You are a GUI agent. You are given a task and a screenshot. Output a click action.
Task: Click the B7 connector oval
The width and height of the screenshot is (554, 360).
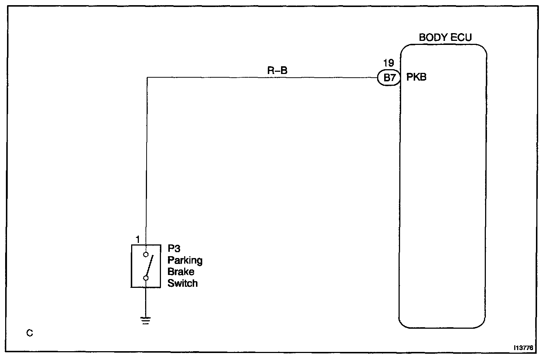coord(389,78)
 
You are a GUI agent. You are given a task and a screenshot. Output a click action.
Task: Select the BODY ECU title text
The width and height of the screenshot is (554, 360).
coord(445,38)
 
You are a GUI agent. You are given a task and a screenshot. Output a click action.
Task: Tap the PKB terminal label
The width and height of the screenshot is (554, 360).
coord(417,77)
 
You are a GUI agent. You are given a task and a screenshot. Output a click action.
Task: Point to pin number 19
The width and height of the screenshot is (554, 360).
coord(388,63)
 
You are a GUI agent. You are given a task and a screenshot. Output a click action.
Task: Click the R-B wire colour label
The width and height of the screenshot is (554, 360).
coord(277,70)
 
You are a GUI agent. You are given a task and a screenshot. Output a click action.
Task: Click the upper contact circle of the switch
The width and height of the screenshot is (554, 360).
coord(146,254)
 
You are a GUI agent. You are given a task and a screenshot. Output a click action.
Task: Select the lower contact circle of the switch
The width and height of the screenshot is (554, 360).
coord(146,278)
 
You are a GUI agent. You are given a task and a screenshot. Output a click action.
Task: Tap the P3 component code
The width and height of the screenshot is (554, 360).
coord(174,249)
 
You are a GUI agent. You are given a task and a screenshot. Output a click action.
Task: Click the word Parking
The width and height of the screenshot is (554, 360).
coord(185,260)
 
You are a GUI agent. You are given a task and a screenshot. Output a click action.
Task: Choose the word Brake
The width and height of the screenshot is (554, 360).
coord(181,272)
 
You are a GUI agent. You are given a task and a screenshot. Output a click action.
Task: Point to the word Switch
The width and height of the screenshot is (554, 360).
coord(182,283)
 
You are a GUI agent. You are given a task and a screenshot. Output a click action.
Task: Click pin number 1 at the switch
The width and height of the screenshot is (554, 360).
coord(138,240)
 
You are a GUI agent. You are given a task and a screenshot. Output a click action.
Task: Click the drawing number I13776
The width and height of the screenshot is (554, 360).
coord(524,347)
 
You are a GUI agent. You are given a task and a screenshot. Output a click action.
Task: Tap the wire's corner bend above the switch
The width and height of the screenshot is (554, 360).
coord(147,78)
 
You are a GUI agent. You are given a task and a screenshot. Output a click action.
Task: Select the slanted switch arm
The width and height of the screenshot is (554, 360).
coord(149,266)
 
